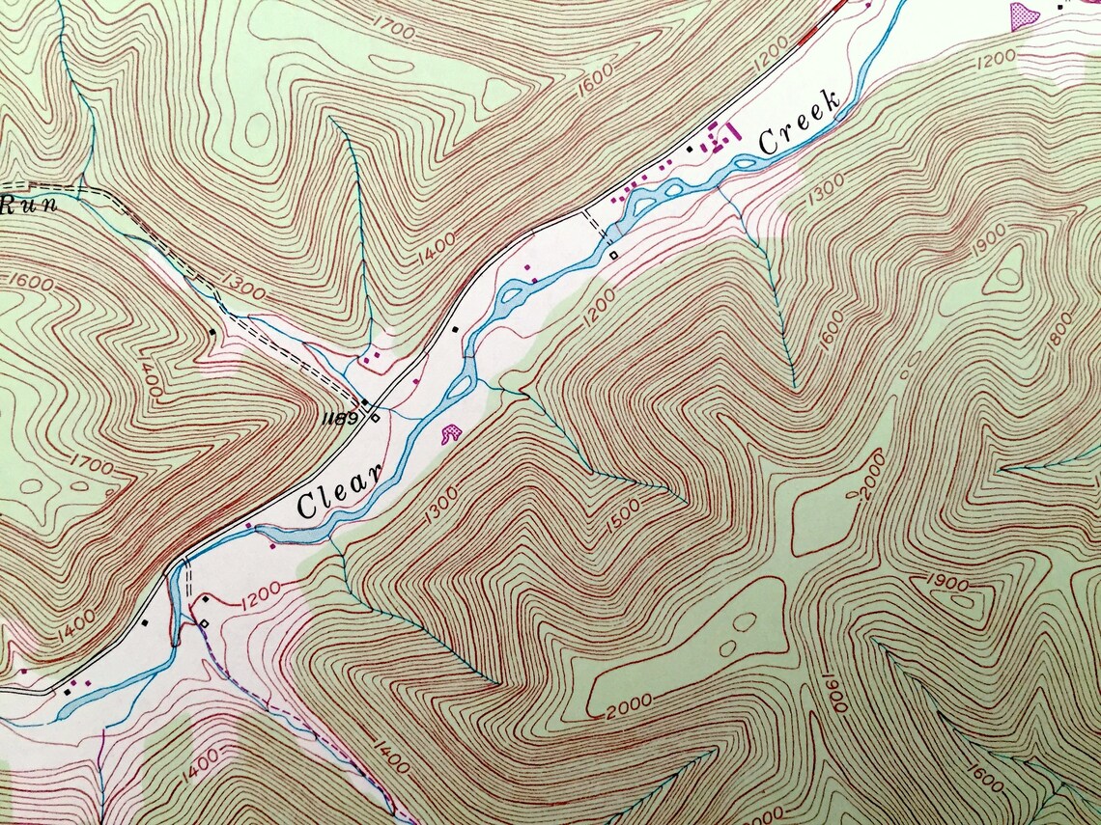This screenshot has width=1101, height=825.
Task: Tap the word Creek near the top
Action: coord(799,125)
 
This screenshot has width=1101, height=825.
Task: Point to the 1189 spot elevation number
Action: coord(342,419)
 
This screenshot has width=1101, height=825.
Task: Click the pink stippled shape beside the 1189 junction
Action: coord(450,434)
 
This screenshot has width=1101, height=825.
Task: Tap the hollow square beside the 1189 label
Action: coord(375,418)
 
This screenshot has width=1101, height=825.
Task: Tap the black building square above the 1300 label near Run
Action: coord(212,332)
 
